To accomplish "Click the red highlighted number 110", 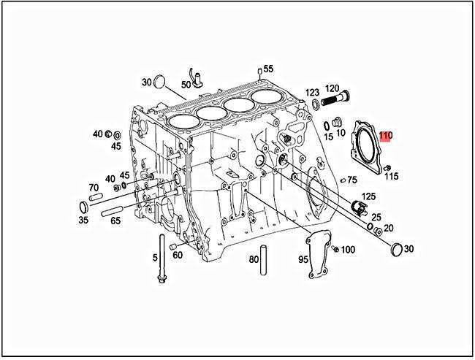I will (x=386, y=136).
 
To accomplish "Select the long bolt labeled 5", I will (x=161, y=258).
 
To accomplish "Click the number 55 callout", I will (x=268, y=69).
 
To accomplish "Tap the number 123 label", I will (x=312, y=93).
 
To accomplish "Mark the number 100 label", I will (x=348, y=250).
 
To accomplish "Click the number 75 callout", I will (x=352, y=180).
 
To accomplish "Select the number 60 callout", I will (x=178, y=255).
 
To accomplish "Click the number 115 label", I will (x=392, y=177).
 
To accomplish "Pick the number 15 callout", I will (x=329, y=137).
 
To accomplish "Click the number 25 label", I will (x=376, y=217).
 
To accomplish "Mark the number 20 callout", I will (x=389, y=229).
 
